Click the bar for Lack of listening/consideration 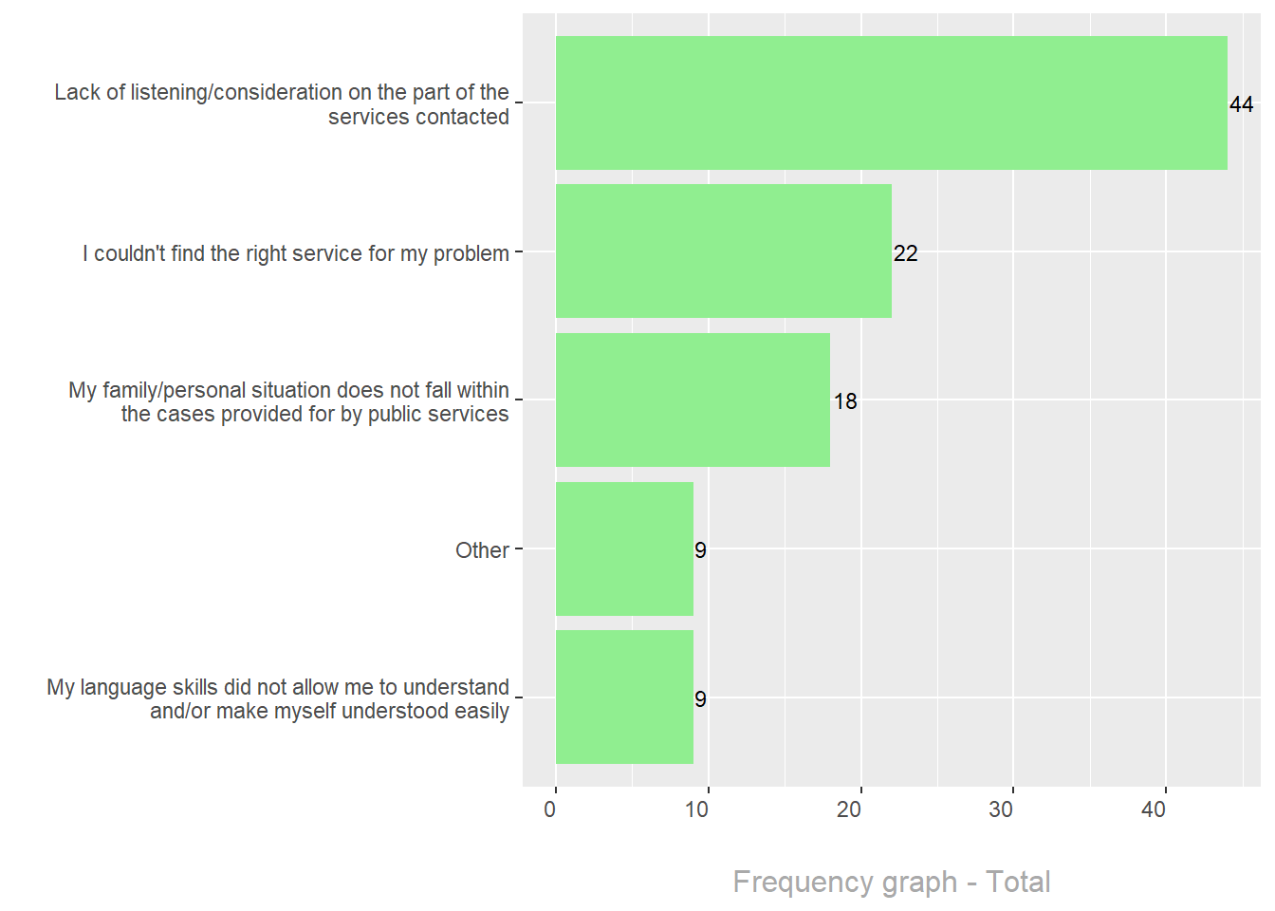[891, 103]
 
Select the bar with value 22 [723, 251]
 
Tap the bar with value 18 [693, 400]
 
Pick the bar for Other [624, 548]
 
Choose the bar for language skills [624, 697]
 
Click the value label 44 [1241, 104]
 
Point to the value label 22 [906, 253]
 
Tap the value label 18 [845, 401]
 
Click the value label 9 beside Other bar [700, 550]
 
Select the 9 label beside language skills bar [700, 699]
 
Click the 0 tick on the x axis [550, 809]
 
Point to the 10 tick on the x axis [697, 809]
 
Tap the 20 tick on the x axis [849, 809]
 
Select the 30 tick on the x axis [1001, 809]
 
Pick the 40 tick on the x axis [1154, 809]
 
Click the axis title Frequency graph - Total [892, 882]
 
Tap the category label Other [482, 550]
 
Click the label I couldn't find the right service [296, 253]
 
